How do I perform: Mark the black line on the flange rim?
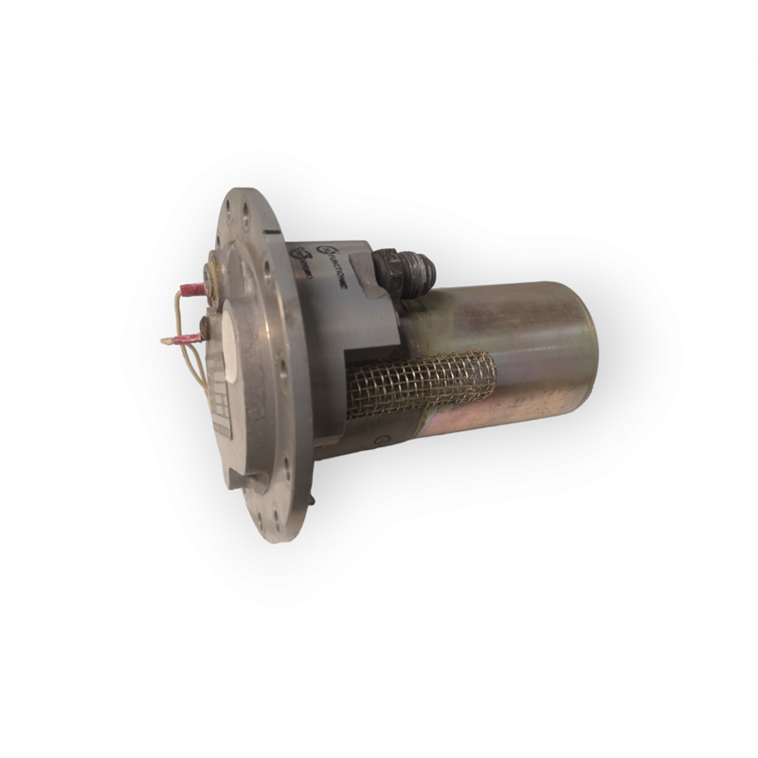272,230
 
